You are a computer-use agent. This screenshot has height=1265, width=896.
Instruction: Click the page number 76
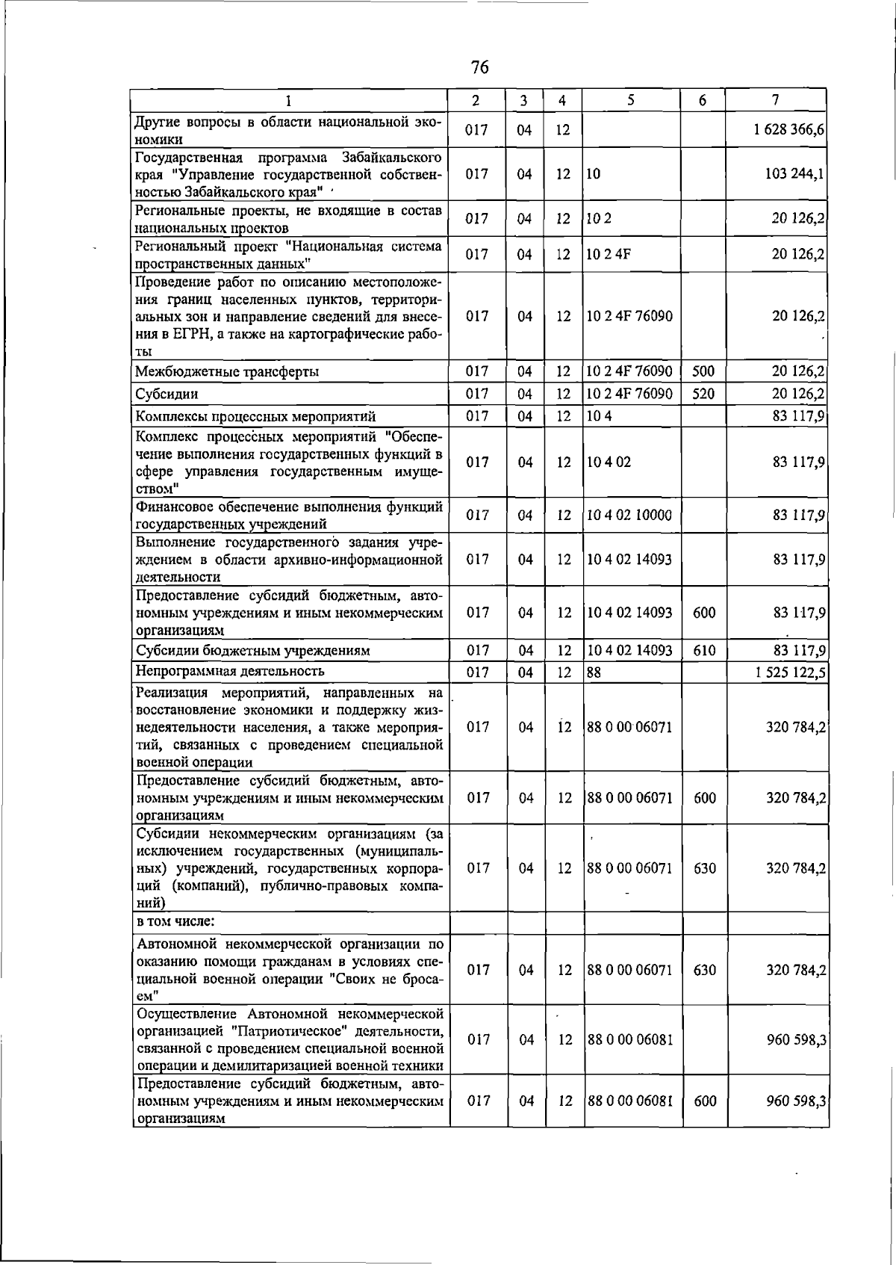pyautogui.click(x=480, y=68)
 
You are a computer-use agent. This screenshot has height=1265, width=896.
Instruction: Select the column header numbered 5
pyautogui.click(x=631, y=100)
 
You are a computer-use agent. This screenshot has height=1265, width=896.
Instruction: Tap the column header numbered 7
pyautogui.click(x=776, y=100)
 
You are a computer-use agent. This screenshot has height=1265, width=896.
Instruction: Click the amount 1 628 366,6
pyautogui.click(x=788, y=130)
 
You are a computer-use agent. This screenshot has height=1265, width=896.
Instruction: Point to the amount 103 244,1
pyautogui.click(x=794, y=174)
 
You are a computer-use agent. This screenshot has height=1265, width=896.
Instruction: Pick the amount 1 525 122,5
pyautogui.click(x=788, y=672)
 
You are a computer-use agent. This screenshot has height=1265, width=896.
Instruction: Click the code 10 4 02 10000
pyautogui.click(x=629, y=515)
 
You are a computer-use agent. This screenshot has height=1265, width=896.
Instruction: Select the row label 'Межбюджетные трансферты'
pyautogui.click(x=227, y=371)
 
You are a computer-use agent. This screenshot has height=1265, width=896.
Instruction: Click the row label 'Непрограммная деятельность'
pyautogui.click(x=230, y=671)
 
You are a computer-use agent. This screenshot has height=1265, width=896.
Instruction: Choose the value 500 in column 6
pyautogui.click(x=703, y=371)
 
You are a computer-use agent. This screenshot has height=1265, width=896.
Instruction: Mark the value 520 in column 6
pyautogui.click(x=703, y=393)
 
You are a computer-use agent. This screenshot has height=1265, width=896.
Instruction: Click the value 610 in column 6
pyautogui.click(x=704, y=650)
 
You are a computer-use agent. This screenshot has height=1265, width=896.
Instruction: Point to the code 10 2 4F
pyautogui.click(x=609, y=254)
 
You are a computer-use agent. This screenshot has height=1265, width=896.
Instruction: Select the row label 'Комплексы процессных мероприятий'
pyautogui.click(x=255, y=416)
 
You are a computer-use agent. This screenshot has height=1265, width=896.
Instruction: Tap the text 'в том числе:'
pyautogui.click(x=175, y=921)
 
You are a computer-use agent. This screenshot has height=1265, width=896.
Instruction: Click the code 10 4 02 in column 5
pyautogui.click(x=609, y=462)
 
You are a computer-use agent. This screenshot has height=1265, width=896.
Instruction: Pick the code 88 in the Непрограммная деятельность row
pyautogui.click(x=594, y=672)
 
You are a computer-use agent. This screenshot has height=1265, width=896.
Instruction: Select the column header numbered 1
pyautogui.click(x=289, y=100)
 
